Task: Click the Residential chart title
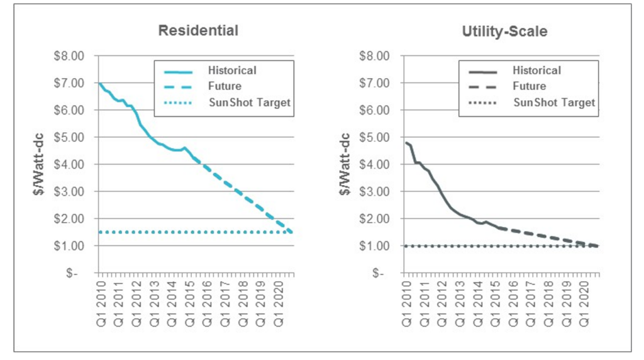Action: click(x=198, y=30)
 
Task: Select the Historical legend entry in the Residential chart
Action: click(x=232, y=70)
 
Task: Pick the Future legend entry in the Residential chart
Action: click(x=225, y=86)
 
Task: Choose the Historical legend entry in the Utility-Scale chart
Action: click(x=536, y=70)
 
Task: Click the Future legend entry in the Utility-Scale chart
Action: click(x=529, y=86)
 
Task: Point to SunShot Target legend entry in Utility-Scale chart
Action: click(x=554, y=102)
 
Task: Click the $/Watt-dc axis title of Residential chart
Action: click(x=38, y=165)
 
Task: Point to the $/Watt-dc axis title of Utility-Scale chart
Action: click(x=343, y=165)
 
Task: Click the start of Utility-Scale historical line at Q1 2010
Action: click(x=405, y=143)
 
